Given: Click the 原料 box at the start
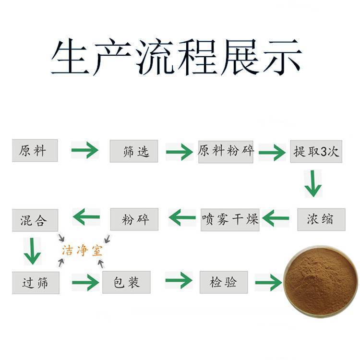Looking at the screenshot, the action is [35, 150].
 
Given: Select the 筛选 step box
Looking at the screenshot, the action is [134, 151].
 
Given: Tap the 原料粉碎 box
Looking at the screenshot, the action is [226, 152].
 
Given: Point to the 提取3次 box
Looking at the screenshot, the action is [316, 152].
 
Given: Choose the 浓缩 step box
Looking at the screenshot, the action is [321, 219].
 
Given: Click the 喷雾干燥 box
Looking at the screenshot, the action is [230, 220].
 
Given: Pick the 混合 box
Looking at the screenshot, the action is [35, 220].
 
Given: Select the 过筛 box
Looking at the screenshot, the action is [36, 283].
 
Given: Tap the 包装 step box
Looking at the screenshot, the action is [126, 282].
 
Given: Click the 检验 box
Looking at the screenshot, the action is [224, 282].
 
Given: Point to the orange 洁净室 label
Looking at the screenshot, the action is [82, 250].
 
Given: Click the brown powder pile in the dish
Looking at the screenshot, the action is [321, 282].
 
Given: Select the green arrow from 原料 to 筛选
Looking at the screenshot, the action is [84, 150].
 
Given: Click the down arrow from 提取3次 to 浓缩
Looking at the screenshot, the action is [313, 183].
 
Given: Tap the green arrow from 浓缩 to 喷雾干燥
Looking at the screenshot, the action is [276, 218].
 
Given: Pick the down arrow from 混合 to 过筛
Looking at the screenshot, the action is [32, 251].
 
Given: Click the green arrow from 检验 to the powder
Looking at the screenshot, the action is [268, 282].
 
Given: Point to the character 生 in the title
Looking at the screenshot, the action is [71, 56].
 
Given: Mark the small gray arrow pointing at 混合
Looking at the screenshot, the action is [61, 238].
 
